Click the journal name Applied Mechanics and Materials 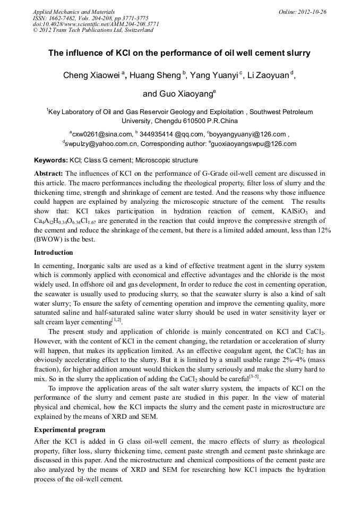[x=74, y=12]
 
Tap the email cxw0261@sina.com [x=102, y=134]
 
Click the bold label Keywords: [x=51, y=160]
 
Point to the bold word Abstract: [x=49, y=174]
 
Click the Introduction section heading [x=53, y=252]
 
